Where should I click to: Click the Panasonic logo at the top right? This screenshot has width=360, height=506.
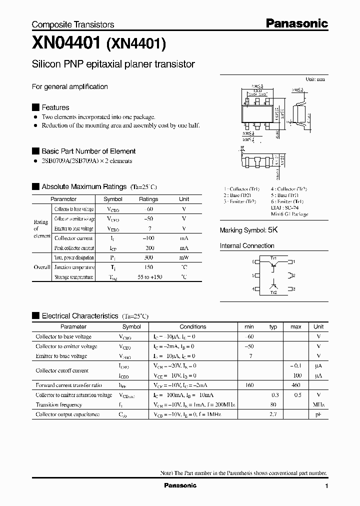(x=296, y=23)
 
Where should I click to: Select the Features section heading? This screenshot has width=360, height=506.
(x=55, y=107)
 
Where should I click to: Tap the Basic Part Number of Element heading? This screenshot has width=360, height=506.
(x=88, y=151)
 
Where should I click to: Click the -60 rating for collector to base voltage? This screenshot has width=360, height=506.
(x=148, y=209)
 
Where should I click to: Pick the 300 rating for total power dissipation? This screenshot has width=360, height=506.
(x=148, y=257)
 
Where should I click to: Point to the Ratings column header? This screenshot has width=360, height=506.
(x=148, y=199)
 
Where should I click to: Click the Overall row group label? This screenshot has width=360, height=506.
(x=41, y=267)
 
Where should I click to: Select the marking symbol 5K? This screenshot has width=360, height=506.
(x=272, y=230)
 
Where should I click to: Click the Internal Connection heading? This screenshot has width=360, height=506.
(x=247, y=246)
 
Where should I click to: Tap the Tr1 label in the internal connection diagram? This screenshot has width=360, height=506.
(x=273, y=258)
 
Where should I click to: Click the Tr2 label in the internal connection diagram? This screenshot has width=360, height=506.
(x=273, y=292)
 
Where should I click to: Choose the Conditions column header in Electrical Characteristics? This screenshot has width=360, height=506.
(x=192, y=327)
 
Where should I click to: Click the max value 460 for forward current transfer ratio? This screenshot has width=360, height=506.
(x=295, y=385)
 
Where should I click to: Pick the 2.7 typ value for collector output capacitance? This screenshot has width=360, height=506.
(x=273, y=414)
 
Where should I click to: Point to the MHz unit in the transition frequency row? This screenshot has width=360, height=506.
(x=318, y=405)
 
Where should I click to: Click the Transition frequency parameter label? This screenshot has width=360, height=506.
(x=58, y=405)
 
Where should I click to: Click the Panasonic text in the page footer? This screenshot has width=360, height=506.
(x=180, y=485)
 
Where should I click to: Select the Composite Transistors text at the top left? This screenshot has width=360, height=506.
(x=73, y=24)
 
